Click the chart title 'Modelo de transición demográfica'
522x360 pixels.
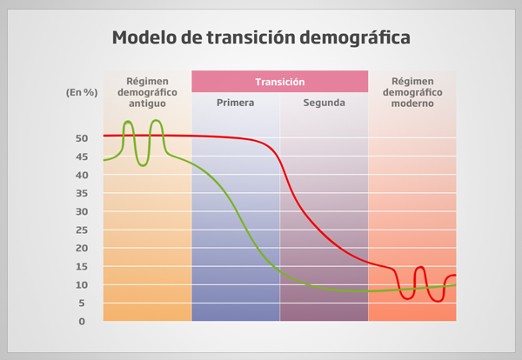[x=261, y=38]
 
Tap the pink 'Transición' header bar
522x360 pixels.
[x=279, y=81]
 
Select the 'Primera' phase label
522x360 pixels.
[x=236, y=103]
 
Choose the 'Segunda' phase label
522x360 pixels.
[x=325, y=103]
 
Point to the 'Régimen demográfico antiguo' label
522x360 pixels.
[x=147, y=91]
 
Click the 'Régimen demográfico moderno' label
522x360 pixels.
[x=412, y=91]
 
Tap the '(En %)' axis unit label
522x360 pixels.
[x=80, y=91]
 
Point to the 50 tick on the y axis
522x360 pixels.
[x=82, y=138]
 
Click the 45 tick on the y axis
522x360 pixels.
[x=82, y=157]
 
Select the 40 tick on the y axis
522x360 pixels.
[x=82, y=175]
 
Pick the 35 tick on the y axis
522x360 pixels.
[x=82, y=193]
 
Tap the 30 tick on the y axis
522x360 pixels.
[x=82, y=211]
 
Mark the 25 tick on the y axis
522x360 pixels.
[x=82, y=230]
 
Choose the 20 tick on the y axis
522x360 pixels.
[x=82, y=248]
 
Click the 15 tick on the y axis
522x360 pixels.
[x=82, y=266]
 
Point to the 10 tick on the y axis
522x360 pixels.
[x=82, y=284]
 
